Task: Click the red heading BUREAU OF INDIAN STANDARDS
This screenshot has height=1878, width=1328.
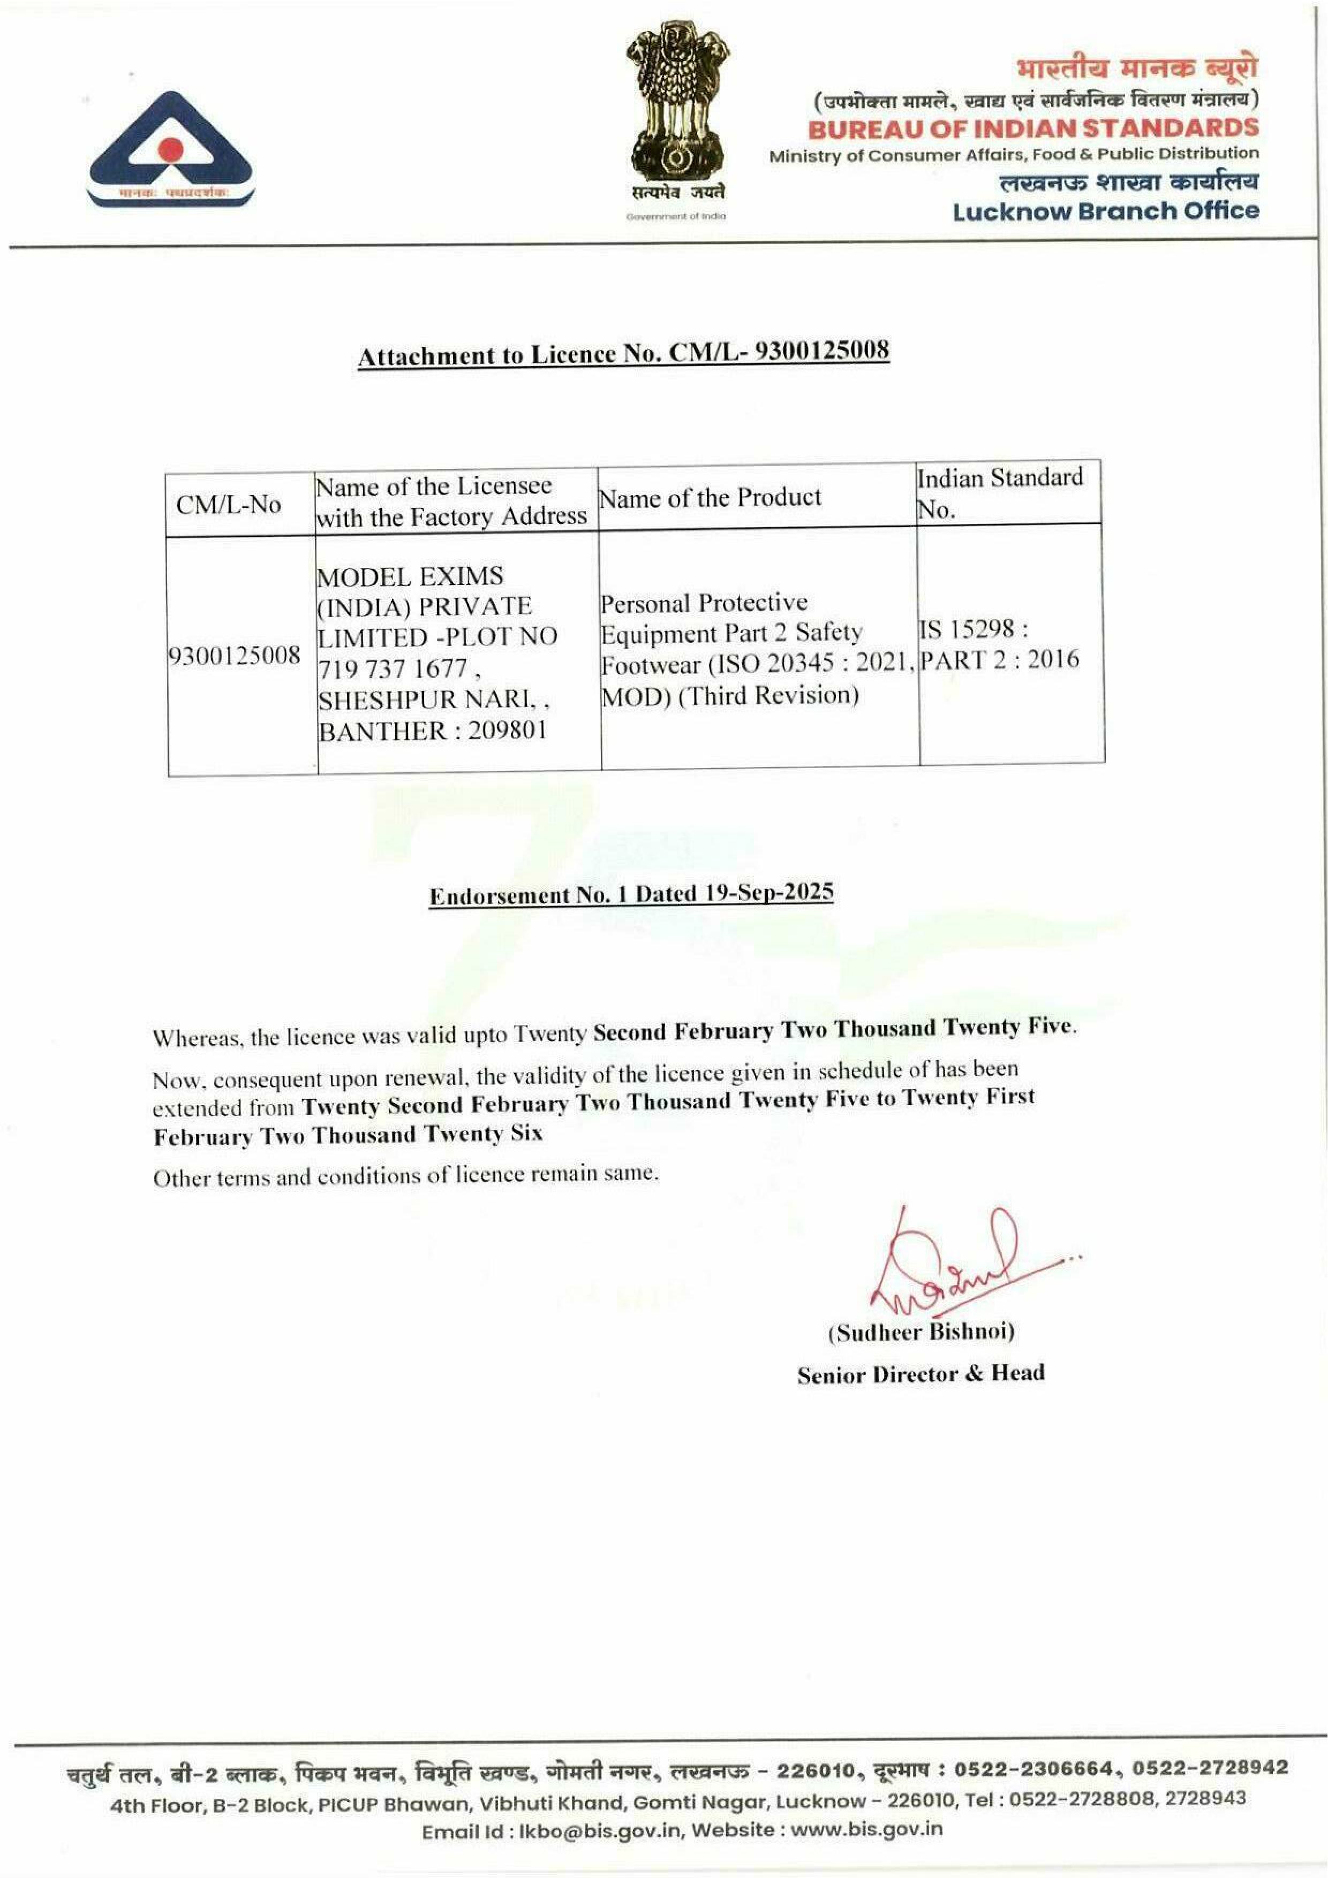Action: [1032, 128]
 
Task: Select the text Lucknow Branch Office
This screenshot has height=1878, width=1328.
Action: [1105, 211]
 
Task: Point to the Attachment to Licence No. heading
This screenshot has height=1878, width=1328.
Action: [623, 353]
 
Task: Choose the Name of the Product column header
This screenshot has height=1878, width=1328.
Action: [710, 497]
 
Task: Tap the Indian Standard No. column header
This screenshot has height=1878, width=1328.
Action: [999, 492]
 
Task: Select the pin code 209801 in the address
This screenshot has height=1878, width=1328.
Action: [507, 729]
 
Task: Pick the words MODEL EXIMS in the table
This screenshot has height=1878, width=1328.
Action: [410, 576]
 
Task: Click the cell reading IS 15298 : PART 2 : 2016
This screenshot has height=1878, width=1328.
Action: [999, 644]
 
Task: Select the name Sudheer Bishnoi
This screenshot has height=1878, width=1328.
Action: [922, 1332]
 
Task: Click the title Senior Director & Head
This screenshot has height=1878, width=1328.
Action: [920, 1373]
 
